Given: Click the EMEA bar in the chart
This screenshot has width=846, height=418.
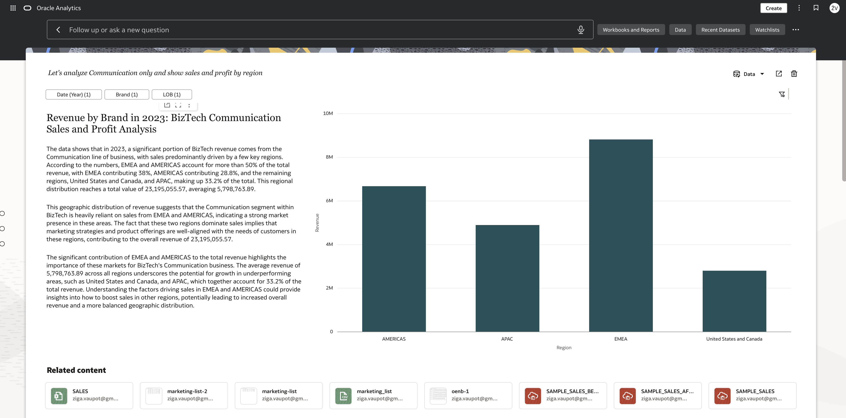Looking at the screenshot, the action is (x=621, y=236).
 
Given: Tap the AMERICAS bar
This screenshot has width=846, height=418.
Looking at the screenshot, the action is (x=394, y=259).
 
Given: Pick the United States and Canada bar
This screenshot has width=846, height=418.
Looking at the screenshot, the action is (x=734, y=301).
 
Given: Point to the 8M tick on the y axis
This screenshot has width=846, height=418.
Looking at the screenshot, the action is (x=329, y=157).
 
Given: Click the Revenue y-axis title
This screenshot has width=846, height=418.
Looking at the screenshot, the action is (x=317, y=223).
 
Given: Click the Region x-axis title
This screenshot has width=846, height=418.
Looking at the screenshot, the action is (x=564, y=348).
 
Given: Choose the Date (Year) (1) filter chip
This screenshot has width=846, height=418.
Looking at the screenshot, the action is (x=74, y=94).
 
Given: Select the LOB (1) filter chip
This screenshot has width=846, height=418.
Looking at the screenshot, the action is (x=172, y=94).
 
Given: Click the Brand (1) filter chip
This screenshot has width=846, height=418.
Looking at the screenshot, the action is (x=127, y=94).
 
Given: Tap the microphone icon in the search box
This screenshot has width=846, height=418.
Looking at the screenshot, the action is (x=581, y=30).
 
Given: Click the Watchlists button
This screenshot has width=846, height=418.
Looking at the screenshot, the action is (x=767, y=30).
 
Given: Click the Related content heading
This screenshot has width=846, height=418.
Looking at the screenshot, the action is (x=76, y=370).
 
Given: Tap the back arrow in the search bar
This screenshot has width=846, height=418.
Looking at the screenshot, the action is (x=58, y=30).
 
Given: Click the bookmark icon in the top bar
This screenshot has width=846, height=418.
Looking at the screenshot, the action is (x=816, y=8).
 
